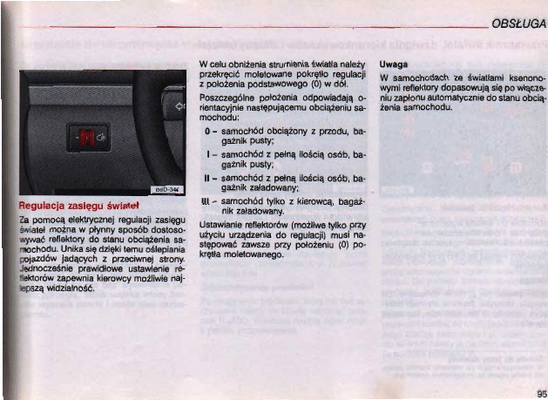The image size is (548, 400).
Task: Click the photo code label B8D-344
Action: [x=167, y=189]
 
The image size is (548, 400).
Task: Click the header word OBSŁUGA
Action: [x=518, y=25]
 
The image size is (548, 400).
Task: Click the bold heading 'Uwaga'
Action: [x=393, y=64]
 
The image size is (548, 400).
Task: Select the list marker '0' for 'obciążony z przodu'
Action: [x=206, y=129]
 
